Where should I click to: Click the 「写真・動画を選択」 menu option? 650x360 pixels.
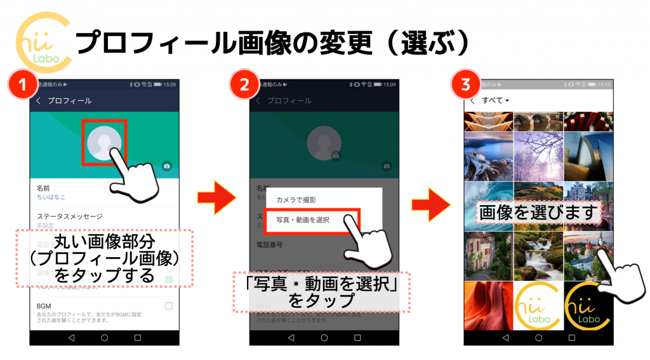(303, 220)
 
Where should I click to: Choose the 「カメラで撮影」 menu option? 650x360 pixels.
(296, 200)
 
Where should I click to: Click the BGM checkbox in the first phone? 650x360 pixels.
(168, 306)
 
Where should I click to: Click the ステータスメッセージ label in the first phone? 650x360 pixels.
(69, 216)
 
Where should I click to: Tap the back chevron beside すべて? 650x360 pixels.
(472, 101)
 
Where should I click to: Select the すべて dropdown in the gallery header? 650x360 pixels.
(496, 101)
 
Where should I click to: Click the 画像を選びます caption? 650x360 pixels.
(538, 213)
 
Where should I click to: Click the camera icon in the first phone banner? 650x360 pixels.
(167, 166)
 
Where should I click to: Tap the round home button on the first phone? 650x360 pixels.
(104, 338)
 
